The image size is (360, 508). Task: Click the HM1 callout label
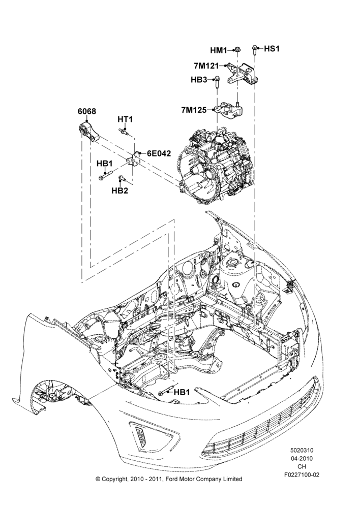(219, 50)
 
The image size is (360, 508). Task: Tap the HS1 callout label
(272, 49)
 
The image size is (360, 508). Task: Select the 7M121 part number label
(206, 66)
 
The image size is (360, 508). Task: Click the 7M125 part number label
(194, 110)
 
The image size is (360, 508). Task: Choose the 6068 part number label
(86, 111)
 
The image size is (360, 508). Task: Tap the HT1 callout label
(125, 119)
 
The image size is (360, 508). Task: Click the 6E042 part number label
(159, 153)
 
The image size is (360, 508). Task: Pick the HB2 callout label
(119, 191)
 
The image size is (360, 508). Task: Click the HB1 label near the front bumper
(182, 392)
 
